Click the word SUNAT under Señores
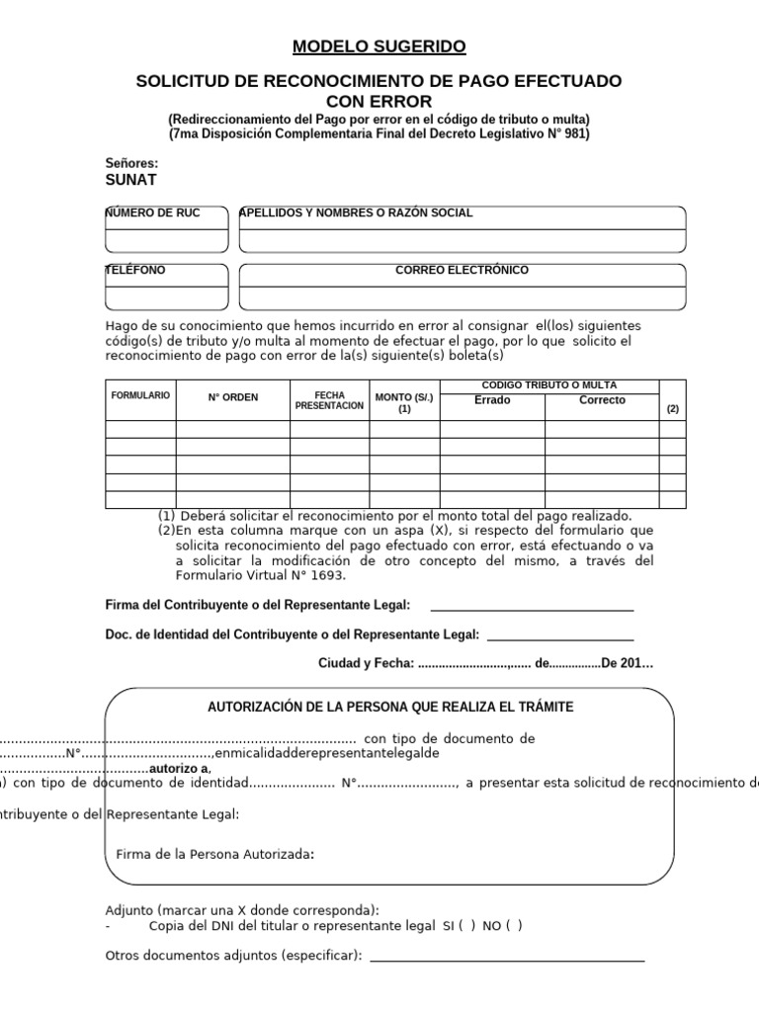(x=130, y=180)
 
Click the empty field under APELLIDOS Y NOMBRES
(x=462, y=241)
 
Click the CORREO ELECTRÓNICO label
(x=462, y=270)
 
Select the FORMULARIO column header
(x=140, y=395)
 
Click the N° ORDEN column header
(x=232, y=397)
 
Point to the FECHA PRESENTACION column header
(x=329, y=400)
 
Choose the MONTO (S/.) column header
(x=404, y=402)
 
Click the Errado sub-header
(x=492, y=400)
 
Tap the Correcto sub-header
(x=602, y=400)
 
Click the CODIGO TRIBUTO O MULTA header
(x=548, y=384)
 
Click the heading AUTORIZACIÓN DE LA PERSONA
(x=389, y=707)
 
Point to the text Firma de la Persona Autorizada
(x=215, y=854)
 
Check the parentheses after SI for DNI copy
(x=466, y=926)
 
